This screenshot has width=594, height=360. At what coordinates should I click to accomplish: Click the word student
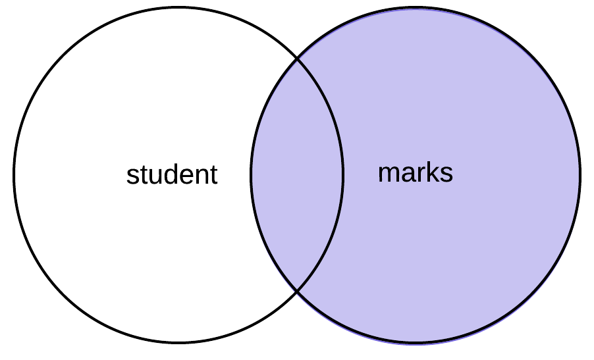tap(172, 175)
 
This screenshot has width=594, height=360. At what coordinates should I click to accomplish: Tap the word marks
tap(415, 172)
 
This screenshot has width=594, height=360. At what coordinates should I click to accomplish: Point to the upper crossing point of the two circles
tap(297, 59)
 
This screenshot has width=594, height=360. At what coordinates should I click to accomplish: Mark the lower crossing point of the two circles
tap(297, 290)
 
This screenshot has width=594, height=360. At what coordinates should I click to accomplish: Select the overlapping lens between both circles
tap(297, 175)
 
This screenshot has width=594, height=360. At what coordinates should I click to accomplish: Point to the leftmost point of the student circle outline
tap(14, 175)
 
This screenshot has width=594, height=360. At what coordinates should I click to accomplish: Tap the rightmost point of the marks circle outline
tap(580, 175)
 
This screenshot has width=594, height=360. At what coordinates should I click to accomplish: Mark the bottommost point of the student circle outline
tap(178, 342)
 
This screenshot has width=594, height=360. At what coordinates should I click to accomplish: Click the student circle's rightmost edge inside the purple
tap(343, 175)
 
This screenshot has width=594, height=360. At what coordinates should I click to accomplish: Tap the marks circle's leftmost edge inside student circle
tap(251, 175)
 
